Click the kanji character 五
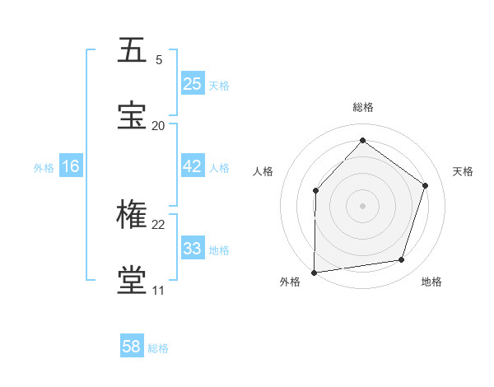click(133, 50)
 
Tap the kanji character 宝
click(133, 115)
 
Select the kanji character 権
click(133, 215)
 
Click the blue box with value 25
click(193, 83)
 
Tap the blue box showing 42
click(193, 166)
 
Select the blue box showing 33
click(193, 249)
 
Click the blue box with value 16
click(71, 166)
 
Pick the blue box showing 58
click(132, 347)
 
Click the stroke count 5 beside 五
click(159, 59)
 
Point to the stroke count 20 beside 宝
click(159, 125)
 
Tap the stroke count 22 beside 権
click(159, 224)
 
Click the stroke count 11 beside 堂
click(158, 290)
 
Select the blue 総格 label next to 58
click(158, 348)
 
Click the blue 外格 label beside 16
click(44, 168)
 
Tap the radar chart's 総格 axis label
click(363, 107)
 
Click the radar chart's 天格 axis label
click(463, 171)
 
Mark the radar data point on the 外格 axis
click(315, 272)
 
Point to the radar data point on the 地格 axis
click(402, 260)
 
